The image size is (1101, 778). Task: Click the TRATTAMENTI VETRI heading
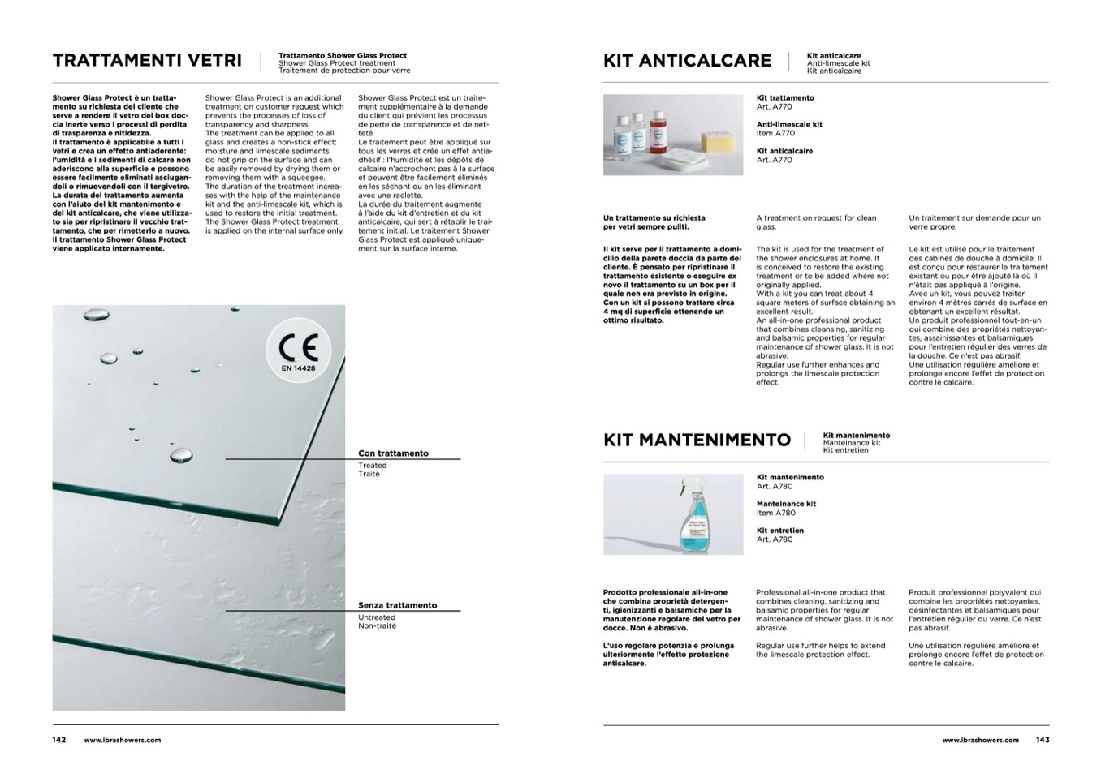point(147,61)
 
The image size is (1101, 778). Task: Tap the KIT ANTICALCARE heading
point(687,61)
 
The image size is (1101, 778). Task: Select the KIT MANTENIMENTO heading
point(697,440)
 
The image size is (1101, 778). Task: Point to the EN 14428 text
point(299,368)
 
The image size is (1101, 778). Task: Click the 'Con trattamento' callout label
point(393,453)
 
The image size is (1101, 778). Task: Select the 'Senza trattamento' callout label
point(397,605)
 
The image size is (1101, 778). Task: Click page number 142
point(59,740)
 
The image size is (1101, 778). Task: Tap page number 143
point(1043,740)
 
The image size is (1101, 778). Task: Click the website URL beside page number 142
point(123,740)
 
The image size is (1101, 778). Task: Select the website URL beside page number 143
point(980,740)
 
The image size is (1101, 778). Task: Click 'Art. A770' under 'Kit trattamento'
point(774,107)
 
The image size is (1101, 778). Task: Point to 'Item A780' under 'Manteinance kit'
point(775,513)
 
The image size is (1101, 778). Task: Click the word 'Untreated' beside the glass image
point(377,617)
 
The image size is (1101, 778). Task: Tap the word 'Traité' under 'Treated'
point(369,474)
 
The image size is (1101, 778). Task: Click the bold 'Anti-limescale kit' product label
point(789,124)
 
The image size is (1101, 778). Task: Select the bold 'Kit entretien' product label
point(779,531)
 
